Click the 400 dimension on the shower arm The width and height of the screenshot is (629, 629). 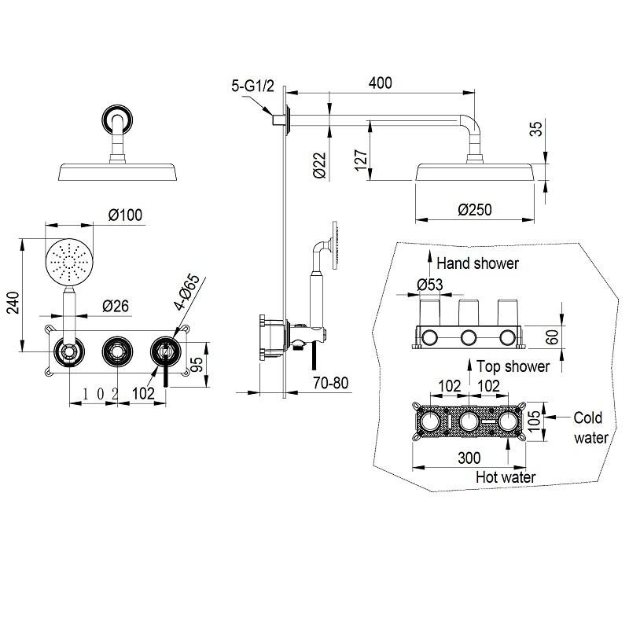coord(380,83)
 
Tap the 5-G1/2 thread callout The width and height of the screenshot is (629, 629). coord(252,86)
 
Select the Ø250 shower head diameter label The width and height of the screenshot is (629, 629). coord(475,209)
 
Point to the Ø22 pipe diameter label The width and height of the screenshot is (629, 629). coord(319,165)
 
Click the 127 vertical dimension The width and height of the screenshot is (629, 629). coord(361,160)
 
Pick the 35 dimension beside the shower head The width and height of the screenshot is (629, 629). coord(536,128)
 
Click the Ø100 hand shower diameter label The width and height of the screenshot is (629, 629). coord(125,215)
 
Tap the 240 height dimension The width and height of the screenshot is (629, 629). coord(13,303)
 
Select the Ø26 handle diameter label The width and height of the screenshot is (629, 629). coord(116,306)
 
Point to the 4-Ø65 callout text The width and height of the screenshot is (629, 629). coord(186,292)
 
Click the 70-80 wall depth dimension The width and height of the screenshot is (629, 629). coord(331,383)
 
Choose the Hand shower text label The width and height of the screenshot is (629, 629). coord(477,263)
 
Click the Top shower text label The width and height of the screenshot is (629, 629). coord(513,366)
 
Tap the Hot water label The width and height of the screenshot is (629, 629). coord(506,477)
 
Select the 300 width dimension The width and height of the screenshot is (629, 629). coord(469,458)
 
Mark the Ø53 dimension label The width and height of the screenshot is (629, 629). coord(429,285)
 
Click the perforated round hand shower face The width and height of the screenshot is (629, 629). coord(69,263)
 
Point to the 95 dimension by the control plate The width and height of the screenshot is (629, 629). coord(197,364)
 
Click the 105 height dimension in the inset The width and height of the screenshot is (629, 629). coord(535,421)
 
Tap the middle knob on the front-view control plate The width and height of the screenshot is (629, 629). coord(117,351)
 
